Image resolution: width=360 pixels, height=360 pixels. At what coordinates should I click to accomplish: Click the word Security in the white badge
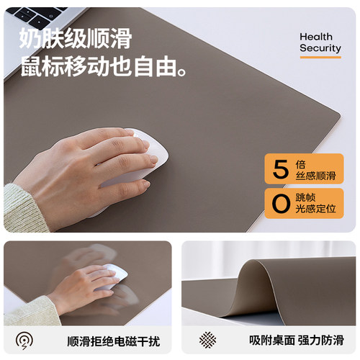coord(320,48)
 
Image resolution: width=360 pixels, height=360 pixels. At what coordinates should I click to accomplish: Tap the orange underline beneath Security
coord(320,56)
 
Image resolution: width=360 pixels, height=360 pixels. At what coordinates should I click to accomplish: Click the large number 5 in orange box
coord(279,170)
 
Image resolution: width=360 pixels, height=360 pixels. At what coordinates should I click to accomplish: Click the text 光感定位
coord(315,209)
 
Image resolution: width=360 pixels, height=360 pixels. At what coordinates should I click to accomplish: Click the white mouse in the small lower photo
coord(112,275)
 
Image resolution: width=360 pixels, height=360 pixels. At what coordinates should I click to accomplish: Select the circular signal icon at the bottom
coord(24,340)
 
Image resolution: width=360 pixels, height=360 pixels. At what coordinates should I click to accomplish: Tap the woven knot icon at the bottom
coord(209,340)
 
